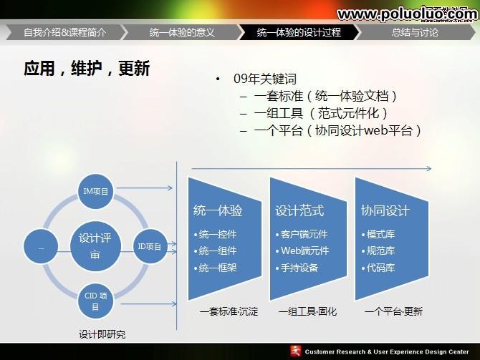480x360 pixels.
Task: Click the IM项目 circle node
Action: point(96,191)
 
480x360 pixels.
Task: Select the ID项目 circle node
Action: point(149,246)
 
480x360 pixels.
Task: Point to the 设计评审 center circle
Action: point(95,246)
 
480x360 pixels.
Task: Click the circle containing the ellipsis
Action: point(41,247)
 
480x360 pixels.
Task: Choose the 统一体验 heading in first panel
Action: point(218,210)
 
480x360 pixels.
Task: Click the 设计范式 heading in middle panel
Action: point(299,210)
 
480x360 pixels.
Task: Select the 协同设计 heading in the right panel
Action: point(385,210)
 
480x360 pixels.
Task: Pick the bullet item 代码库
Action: point(380,268)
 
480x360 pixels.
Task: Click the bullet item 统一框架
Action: point(218,268)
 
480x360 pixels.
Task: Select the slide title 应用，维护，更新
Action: point(87,69)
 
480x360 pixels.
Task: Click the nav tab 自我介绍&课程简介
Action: point(64,32)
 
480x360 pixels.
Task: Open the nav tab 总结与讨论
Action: point(415,32)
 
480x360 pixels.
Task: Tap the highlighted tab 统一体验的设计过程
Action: point(299,32)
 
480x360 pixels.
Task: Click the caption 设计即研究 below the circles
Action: point(102,334)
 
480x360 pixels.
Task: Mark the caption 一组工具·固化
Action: point(307,311)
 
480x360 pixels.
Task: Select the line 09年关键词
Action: point(264,79)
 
